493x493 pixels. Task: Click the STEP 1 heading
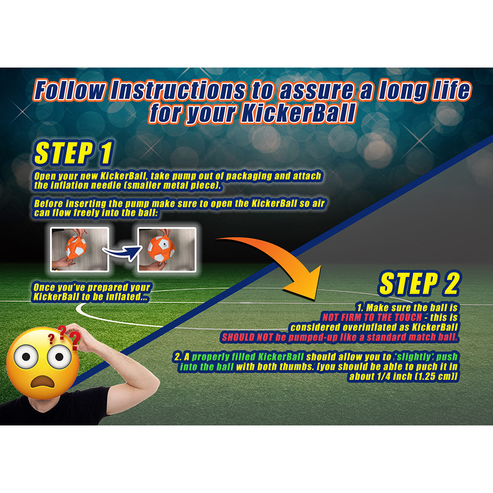click(x=73, y=153)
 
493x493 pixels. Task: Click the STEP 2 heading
click(x=420, y=283)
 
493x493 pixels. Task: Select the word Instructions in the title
click(x=178, y=90)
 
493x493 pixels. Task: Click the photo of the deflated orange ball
click(x=79, y=249)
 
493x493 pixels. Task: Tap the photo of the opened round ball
click(x=167, y=249)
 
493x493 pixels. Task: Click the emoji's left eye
click(x=26, y=356)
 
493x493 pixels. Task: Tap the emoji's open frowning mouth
click(x=42, y=381)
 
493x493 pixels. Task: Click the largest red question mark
click(x=75, y=341)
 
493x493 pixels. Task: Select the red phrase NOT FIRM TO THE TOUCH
click(x=372, y=317)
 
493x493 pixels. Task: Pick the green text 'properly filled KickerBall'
click(x=247, y=357)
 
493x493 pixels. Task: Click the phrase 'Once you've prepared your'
click(x=92, y=287)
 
